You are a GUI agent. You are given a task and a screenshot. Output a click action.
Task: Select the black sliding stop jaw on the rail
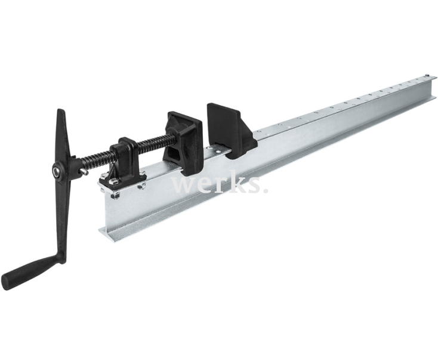[230, 131]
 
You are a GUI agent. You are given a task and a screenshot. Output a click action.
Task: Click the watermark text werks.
[218, 184]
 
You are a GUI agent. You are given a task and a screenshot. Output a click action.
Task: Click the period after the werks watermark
[264, 190]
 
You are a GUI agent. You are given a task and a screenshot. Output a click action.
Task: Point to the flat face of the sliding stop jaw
[218, 119]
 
